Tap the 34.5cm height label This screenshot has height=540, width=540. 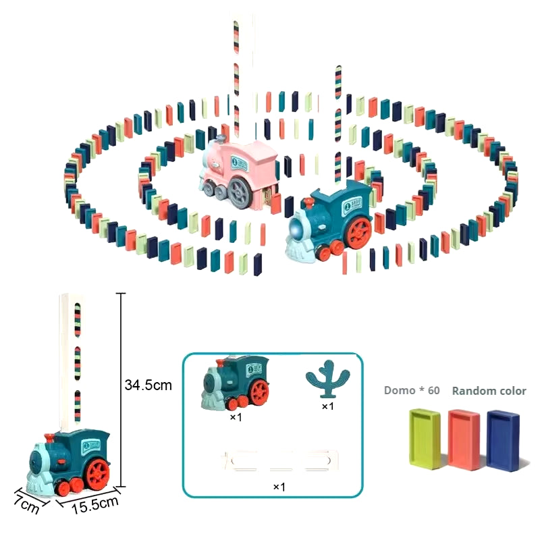tap(148, 385)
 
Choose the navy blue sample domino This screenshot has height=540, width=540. tap(504, 439)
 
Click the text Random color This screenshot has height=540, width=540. tap(489, 391)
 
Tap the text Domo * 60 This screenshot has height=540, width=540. tap(411, 391)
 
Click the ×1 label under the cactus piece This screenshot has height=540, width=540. tap(328, 406)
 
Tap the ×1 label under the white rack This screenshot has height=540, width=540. tap(279, 486)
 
